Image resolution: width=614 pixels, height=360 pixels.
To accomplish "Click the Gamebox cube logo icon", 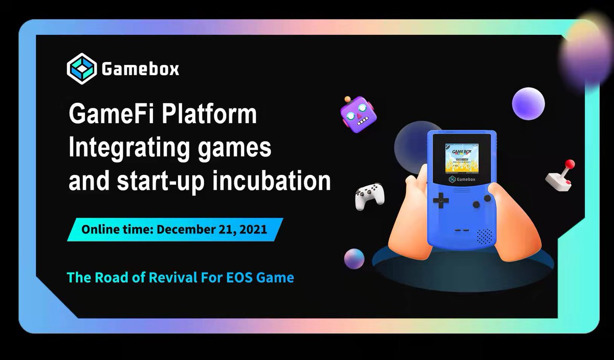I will pyautogui.click(x=81, y=69).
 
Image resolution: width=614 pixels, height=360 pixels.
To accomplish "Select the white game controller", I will pyautogui.click(x=370, y=198).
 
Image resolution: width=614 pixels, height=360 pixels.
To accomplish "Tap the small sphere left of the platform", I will pyautogui.click(x=354, y=259).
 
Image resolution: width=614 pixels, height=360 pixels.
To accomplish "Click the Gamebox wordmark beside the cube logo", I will pyautogui.click(x=140, y=69).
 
